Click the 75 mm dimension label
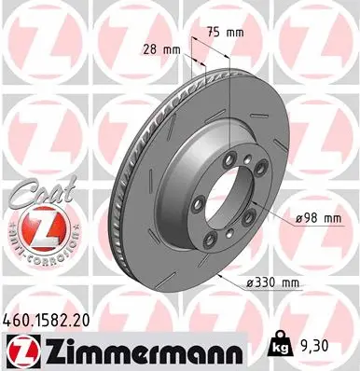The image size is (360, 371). pyautogui.click(x=224, y=32)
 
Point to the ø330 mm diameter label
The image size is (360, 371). pyautogui.click(x=273, y=282)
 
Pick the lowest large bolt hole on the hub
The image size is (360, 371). pyautogui.click(x=217, y=244)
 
